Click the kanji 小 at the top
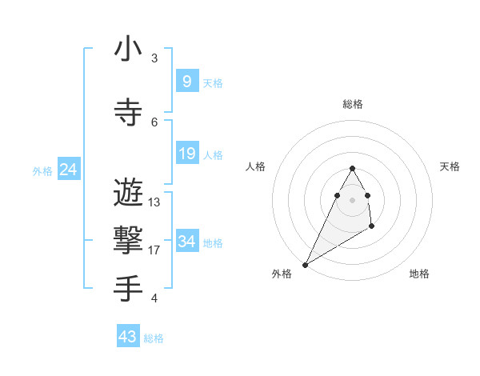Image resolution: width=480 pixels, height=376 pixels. point(128,50)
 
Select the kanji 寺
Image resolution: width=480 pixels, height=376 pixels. point(128,113)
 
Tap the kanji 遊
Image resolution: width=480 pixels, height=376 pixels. point(128,193)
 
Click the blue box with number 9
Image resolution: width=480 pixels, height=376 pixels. point(186,81)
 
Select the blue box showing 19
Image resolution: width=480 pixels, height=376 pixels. point(186,154)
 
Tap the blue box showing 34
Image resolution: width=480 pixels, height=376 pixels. point(186,241)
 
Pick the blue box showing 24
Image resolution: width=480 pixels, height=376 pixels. point(68,170)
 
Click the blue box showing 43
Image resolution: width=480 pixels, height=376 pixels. point(128,337)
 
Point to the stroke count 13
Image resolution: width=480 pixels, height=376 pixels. point(154,202)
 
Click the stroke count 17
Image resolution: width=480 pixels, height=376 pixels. point(154,250)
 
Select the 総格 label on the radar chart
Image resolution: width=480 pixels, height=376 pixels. point(353,104)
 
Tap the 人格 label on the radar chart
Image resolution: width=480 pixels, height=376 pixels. point(255,166)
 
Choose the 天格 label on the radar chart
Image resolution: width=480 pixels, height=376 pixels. point(450,166)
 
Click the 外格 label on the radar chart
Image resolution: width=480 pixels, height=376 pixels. point(281,274)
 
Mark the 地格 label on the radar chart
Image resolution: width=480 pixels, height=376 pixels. point(419,274)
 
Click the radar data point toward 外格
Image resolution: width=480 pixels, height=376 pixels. point(306,264)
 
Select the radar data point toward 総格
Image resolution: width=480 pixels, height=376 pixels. point(353,168)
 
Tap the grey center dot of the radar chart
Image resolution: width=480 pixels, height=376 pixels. point(353,199)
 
